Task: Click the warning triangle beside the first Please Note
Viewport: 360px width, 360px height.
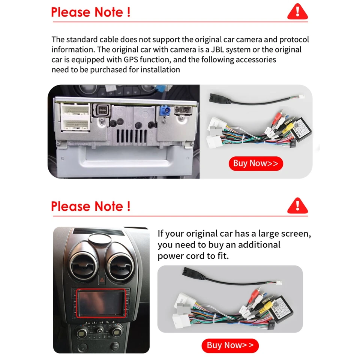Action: click(297, 12)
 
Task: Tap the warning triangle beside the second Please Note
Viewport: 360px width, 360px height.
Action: click(297, 206)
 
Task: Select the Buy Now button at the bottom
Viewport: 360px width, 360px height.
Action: click(230, 345)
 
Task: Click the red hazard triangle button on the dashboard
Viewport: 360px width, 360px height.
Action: click(101, 279)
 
